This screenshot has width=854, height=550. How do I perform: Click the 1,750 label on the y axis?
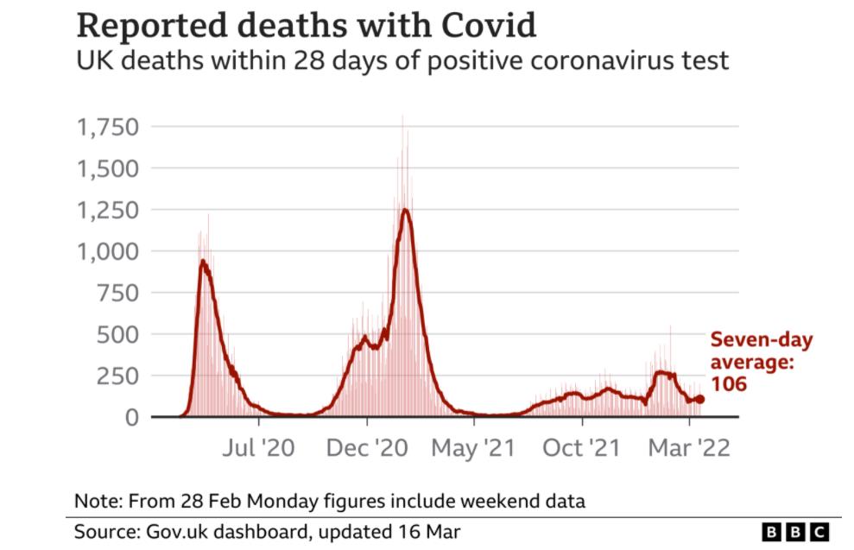(x=107, y=127)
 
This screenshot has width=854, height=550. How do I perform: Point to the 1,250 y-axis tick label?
(x=107, y=210)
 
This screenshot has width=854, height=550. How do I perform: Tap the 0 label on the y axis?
(x=131, y=417)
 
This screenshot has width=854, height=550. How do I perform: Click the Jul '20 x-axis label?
(x=258, y=449)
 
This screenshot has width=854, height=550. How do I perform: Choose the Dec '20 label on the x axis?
(x=367, y=449)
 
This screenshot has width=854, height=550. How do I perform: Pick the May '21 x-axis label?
(x=474, y=449)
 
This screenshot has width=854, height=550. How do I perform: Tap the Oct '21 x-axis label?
(x=582, y=449)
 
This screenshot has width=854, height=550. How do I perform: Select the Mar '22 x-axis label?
(x=689, y=449)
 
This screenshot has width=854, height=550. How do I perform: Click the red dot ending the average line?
(x=700, y=400)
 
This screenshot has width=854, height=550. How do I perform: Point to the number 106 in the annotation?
(x=728, y=384)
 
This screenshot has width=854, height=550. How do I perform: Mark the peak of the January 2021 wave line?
(x=404, y=210)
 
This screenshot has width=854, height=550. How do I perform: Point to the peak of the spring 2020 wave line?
(x=203, y=261)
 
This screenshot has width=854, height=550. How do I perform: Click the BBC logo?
(x=795, y=531)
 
